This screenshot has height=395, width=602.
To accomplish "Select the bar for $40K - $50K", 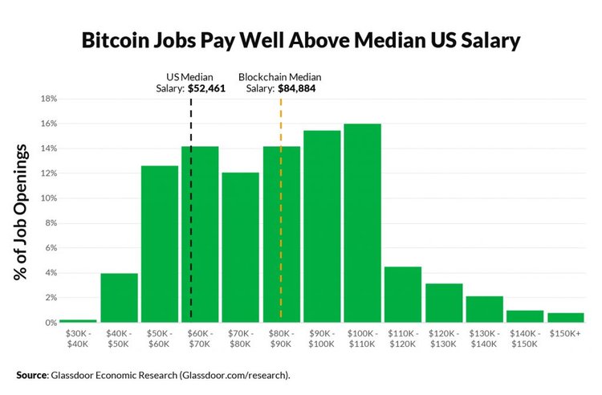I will [119, 298].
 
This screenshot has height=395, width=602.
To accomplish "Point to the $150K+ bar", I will [566, 318].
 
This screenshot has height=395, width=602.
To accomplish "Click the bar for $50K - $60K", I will [160, 244].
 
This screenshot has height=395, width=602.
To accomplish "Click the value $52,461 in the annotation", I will [207, 89].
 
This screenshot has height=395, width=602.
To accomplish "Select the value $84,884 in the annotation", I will [297, 89].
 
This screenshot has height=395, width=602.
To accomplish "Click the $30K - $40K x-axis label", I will [78, 337].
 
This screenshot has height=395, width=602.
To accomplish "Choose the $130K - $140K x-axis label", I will [484, 337].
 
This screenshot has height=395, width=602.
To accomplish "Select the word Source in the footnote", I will [32, 374].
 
